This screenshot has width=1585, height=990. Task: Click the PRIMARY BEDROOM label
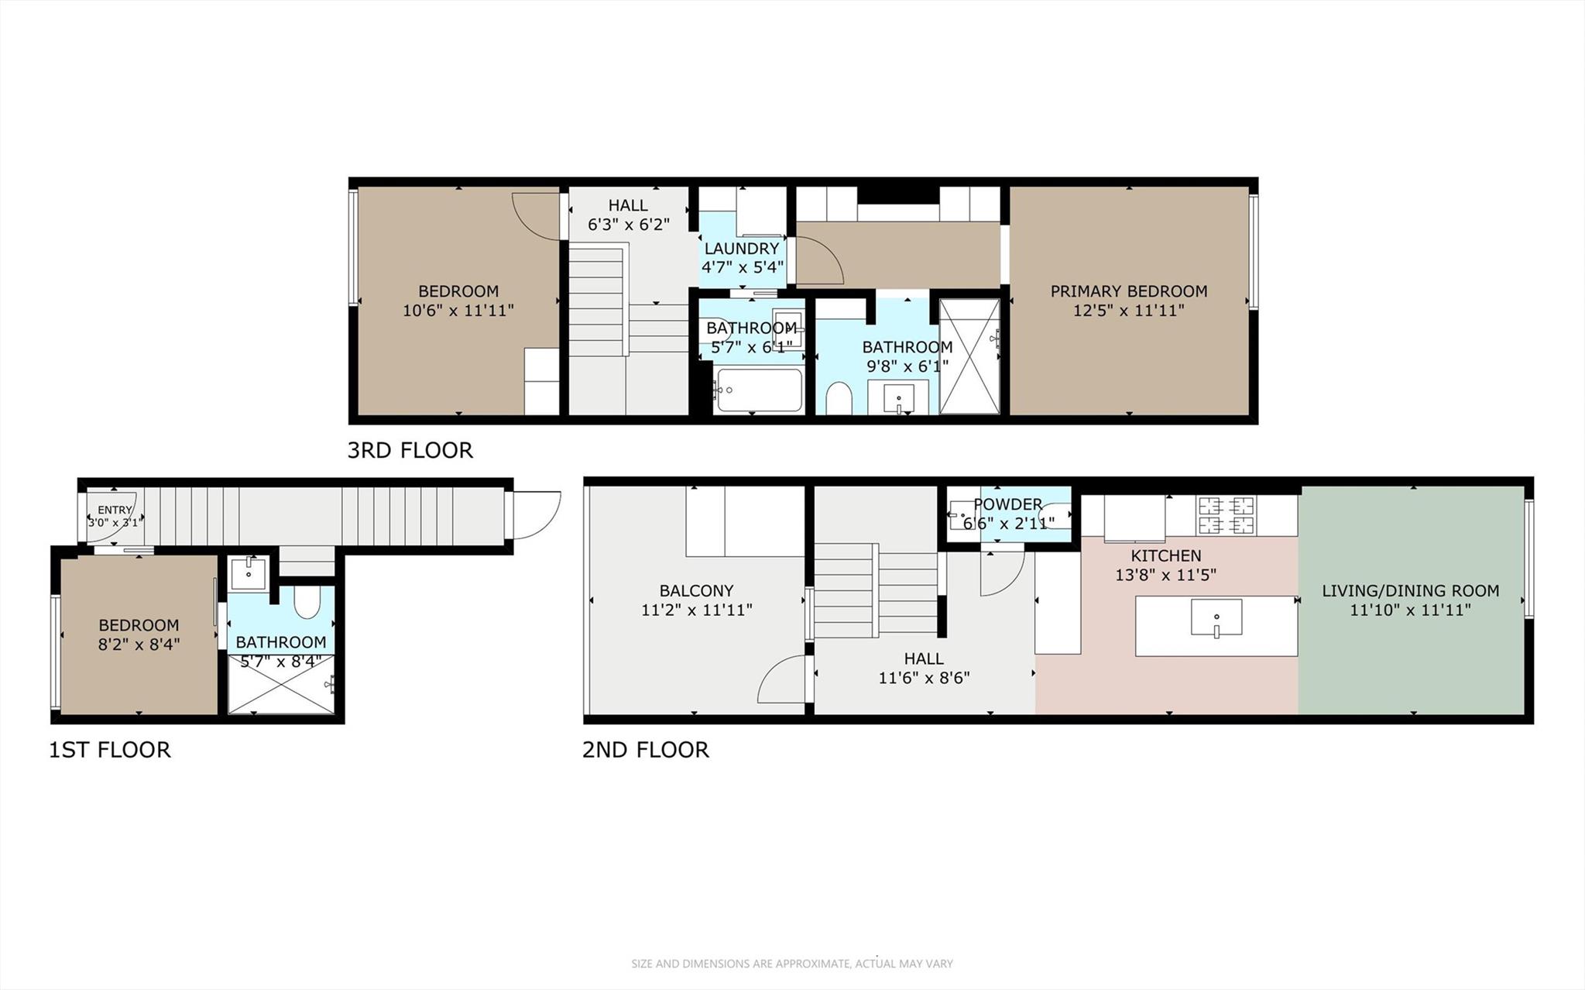[1128, 291]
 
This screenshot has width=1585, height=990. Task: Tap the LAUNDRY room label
[741, 249]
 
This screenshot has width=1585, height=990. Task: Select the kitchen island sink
[1216, 617]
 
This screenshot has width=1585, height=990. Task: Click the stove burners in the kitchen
[1226, 515]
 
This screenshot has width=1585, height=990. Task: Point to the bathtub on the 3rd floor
[759, 390]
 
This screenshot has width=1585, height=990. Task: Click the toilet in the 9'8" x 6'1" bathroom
[839, 398]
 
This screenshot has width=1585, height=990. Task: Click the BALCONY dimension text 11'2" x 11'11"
[696, 610]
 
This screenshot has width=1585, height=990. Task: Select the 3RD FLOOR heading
[410, 450]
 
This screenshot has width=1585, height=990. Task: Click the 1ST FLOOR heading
[109, 750]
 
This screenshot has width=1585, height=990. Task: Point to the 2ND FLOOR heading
[645, 750]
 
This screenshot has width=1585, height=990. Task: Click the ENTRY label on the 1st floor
[115, 510]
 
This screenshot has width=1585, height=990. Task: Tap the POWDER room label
[1007, 504]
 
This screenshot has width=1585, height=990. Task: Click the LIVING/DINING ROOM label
[1410, 590]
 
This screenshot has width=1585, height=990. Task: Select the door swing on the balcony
[782, 679]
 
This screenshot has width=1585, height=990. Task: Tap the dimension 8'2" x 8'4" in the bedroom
[139, 644]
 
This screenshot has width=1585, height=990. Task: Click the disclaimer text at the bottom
[791, 964]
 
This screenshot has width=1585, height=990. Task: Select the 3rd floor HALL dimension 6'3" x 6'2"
[628, 225]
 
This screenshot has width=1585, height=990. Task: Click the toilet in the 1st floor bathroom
[307, 603]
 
